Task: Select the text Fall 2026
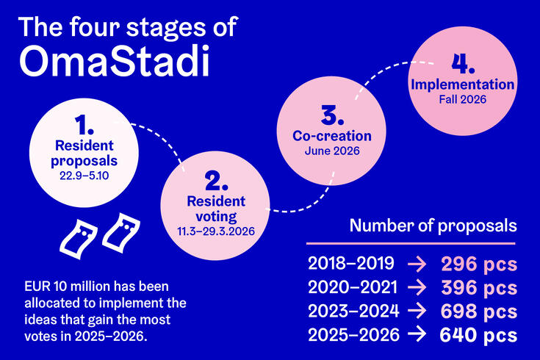click(x=461, y=98)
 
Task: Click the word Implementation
click(x=461, y=84)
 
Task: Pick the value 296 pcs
click(x=478, y=264)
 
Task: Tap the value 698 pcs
click(x=478, y=311)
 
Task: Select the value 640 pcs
click(x=478, y=335)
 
